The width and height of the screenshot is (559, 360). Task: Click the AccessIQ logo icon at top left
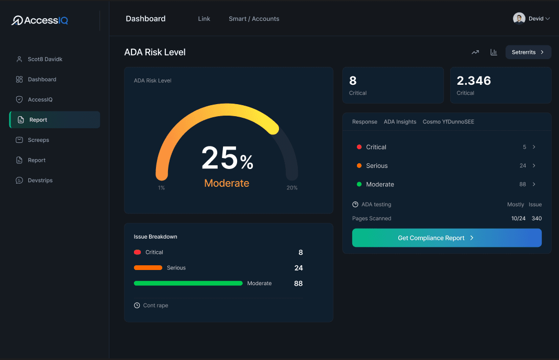click(x=17, y=20)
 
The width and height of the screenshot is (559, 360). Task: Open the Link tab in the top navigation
click(x=204, y=19)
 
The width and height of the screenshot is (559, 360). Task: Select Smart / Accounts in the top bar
click(x=254, y=19)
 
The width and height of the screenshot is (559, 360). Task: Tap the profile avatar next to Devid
click(x=519, y=19)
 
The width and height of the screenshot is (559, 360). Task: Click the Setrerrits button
click(x=528, y=52)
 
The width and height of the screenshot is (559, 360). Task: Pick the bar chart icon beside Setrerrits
click(x=494, y=52)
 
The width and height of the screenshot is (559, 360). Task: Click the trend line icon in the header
click(x=475, y=52)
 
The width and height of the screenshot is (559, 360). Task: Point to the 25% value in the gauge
click(x=227, y=158)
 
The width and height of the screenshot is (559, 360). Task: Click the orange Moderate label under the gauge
click(x=227, y=183)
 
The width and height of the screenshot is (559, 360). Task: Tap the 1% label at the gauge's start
click(x=161, y=188)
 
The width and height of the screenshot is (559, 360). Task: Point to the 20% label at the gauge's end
click(x=292, y=188)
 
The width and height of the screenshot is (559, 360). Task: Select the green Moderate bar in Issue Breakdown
click(x=188, y=283)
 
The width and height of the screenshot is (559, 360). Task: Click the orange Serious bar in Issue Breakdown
click(x=148, y=268)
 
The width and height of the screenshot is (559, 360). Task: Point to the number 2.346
click(x=474, y=81)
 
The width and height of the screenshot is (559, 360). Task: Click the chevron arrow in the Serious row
click(x=534, y=166)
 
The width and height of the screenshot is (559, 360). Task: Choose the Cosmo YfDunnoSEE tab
click(x=448, y=122)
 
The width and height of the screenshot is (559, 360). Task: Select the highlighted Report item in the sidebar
click(x=54, y=120)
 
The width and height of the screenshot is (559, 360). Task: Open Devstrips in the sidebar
click(x=40, y=181)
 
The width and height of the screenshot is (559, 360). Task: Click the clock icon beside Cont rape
click(x=137, y=306)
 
